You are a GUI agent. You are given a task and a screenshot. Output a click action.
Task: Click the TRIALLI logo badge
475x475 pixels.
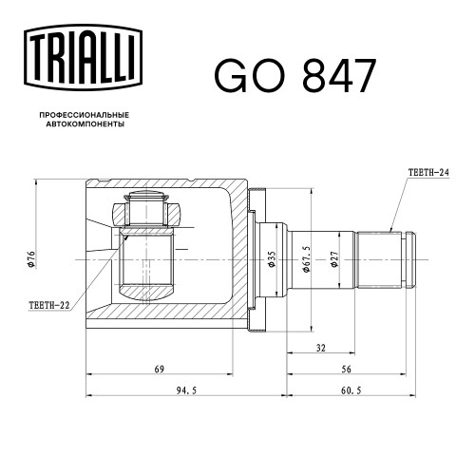pyautogui.click(x=83, y=58)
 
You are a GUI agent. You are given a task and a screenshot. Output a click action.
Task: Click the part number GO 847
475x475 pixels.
pyautogui.click(x=295, y=76)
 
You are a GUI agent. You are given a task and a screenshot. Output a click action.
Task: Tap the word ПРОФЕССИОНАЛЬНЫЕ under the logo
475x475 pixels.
pyautogui.click(x=85, y=115)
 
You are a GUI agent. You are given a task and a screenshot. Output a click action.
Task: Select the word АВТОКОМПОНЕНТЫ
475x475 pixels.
pyautogui.click(x=85, y=124)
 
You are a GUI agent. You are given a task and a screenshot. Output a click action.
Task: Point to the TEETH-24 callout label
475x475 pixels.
pyautogui.click(x=428, y=173)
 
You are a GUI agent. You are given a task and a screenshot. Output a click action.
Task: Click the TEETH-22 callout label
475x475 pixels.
pyautogui.click(x=49, y=305)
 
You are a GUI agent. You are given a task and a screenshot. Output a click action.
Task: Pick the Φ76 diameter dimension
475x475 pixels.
pyautogui.click(x=30, y=259)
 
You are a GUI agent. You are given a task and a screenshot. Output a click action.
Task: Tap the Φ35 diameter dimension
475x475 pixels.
pyautogui.click(x=272, y=259)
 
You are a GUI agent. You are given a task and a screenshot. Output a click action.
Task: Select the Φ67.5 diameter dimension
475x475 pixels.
pyautogui.click(x=306, y=259)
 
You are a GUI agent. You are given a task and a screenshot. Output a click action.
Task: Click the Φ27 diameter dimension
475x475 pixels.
pyautogui.click(x=334, y=259)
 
